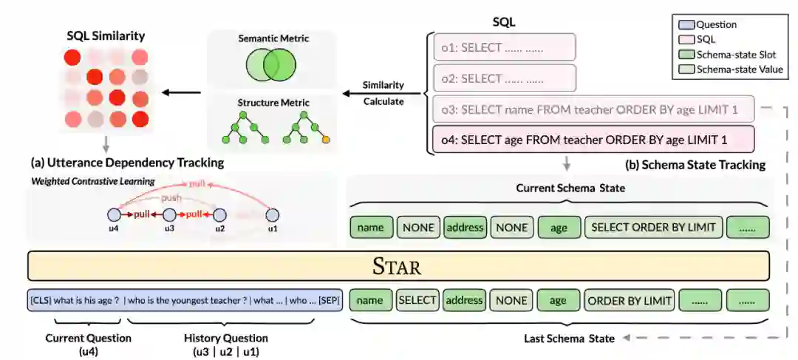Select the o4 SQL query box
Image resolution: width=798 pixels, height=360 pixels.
click(592, 139)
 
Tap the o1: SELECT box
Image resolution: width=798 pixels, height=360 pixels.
click(499, 46)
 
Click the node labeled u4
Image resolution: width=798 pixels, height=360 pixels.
click(113, 214)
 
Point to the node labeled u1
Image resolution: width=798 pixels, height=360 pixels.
click(272, 214)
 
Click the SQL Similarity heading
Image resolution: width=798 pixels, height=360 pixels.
click(106, 35)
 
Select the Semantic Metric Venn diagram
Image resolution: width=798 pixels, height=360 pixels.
click(270, 65)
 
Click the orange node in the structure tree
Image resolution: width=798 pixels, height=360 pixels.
click(325, 139)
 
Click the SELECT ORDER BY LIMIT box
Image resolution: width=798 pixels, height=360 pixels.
click(653, 227)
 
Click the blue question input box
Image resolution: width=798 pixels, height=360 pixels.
click(185, 300)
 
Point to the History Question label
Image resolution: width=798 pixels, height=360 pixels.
click(225, 338)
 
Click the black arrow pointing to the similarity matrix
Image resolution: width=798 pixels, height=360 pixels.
click(180, 92)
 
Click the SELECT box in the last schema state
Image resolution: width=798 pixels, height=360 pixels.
click(418, 300)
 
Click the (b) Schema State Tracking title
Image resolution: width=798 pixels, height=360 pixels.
click(695, 164)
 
